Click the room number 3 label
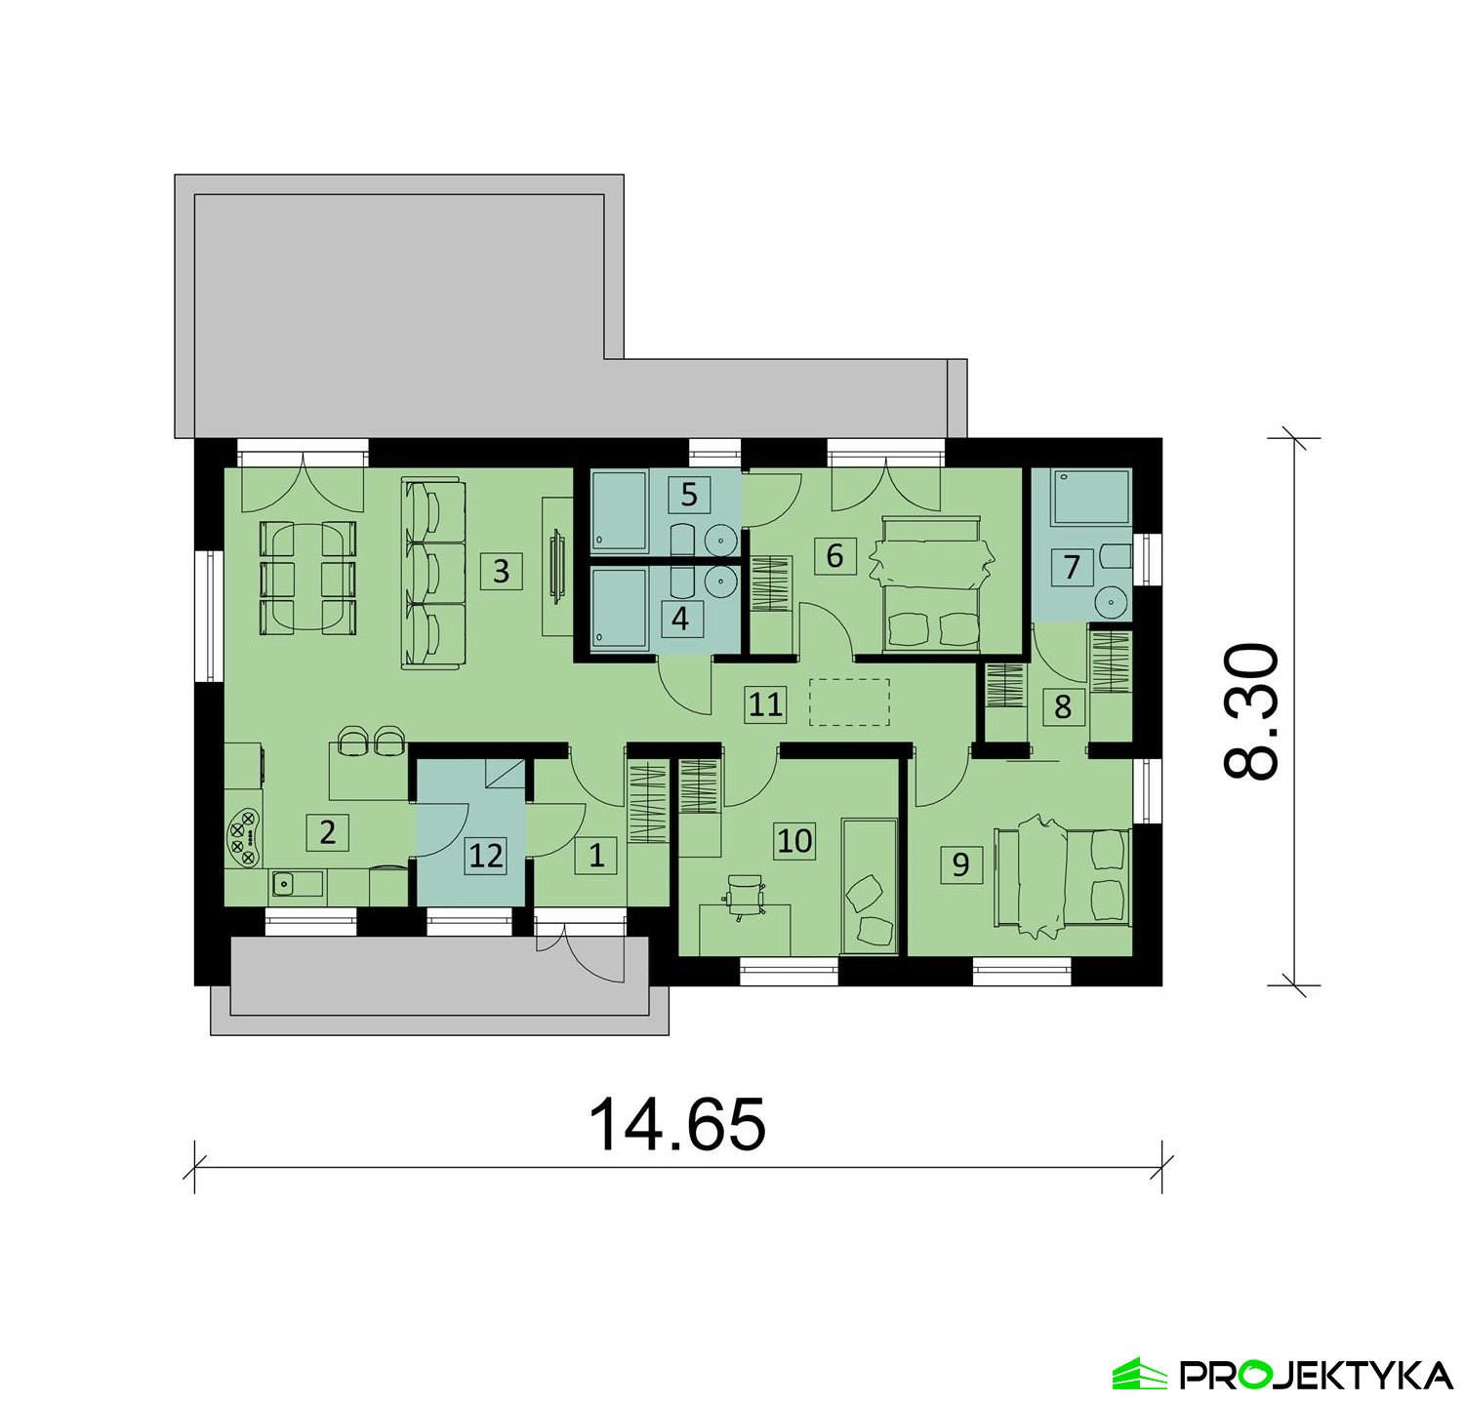(501, 570)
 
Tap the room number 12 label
(486, 855)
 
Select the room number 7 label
(1072, 567)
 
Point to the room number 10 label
(794, 840)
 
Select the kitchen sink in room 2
(297, 884)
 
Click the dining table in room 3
(306, 579)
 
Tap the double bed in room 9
(1062, 876)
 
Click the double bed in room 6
(931, 582)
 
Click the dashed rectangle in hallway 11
(850, 702)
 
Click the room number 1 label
(596, 855)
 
